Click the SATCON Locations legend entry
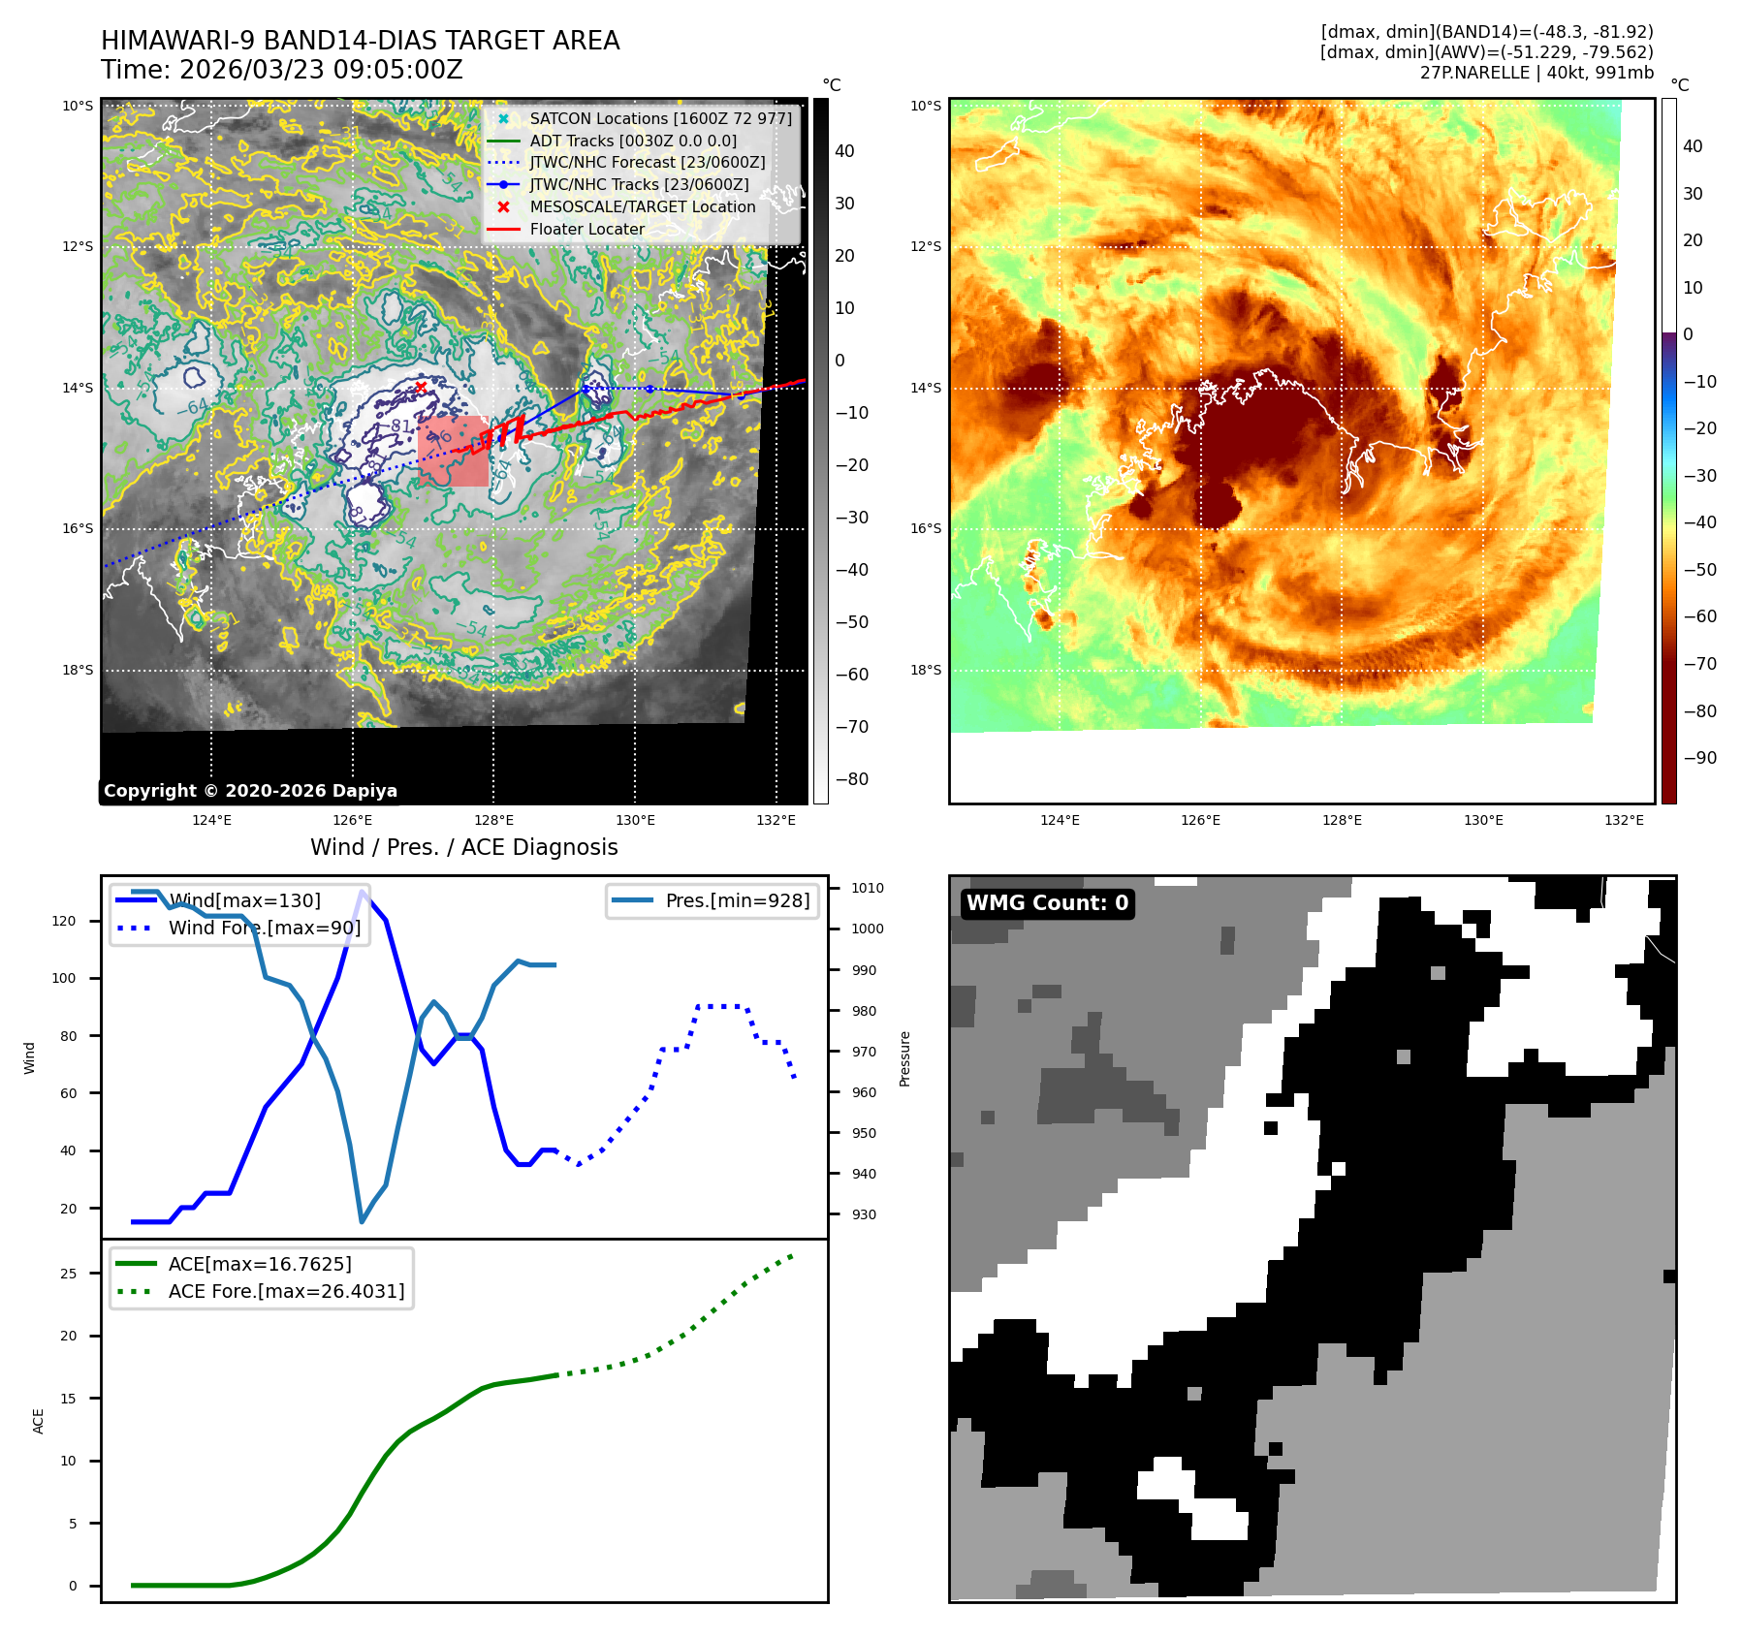tap(660, 118)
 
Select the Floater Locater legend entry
tap(586, 229)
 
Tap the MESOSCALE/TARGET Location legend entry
tap(642, 206)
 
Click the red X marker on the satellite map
tap(421, 388)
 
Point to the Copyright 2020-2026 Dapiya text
tap(250, 791)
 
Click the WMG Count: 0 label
tap(1047, 903)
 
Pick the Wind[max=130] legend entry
tap(243, 900)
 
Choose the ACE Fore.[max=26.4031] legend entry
tap(286, 1291)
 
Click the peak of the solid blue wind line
tap(363, 892)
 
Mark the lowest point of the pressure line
tap(362, 1221)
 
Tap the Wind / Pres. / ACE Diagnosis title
tap(463, 847)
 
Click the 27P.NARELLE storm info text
tap(1536, 73)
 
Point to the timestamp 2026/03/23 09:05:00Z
tap(321, 70)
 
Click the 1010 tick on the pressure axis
tap(867, 888)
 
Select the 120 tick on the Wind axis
tap(64, 921)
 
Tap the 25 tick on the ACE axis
tap(68, 1274)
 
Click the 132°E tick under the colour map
tap(1624, 820)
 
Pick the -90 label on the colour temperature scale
tap(1699, 758)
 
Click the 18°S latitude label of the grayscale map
tap(78, 670)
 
